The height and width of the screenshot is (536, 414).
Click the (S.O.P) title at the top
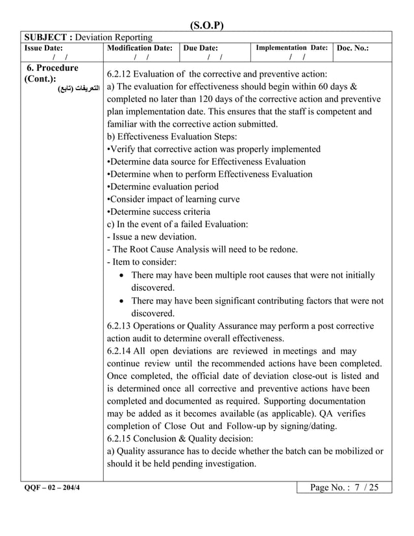pos(206,26)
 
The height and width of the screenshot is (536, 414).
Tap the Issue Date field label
pos(43,48)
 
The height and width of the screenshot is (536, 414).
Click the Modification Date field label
pos(140,48)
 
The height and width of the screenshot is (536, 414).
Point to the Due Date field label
pos(201,48)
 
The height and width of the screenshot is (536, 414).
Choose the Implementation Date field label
pos(291,48)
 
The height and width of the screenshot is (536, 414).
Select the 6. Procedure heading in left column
pos(52,68)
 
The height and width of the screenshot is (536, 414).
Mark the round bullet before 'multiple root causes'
pos(123,276)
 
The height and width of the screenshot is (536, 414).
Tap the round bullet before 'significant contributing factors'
pos(123,301)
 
